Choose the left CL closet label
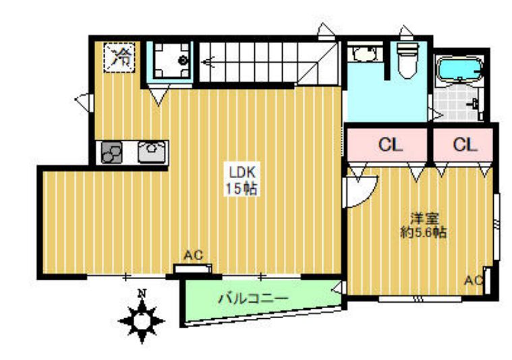387,144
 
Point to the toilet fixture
407,62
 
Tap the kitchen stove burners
112,153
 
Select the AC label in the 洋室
474,280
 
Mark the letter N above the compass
142,293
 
